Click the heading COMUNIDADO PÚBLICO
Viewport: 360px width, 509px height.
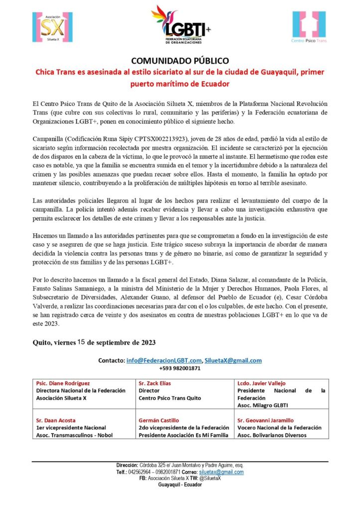(x=180, y=60)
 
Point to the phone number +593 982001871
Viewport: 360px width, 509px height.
(x=180, y=368)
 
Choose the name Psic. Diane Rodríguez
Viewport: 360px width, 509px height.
(x=63, y=383)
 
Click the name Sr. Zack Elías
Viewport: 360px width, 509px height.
(x=155, y=383)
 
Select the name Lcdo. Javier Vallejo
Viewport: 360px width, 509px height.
(x=258, y=383)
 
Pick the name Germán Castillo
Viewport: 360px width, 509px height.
(x=158, y=420)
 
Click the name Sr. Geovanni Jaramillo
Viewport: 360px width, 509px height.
(x=265, y=420)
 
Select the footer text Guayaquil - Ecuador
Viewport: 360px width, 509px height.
(x=180, y=485)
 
